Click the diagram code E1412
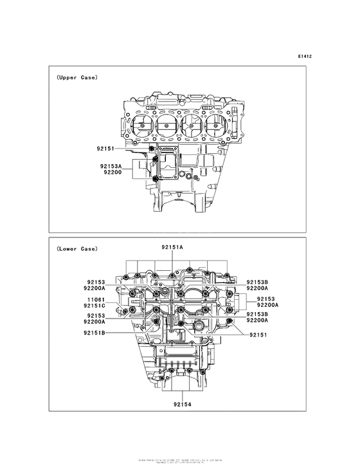tap(304, 56)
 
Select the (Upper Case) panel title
tap(76, 77)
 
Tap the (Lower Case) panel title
tap(76, 248)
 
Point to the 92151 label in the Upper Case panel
tap(103, 149)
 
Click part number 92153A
tap(111, 165)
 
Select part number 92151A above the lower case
tap(172, 247)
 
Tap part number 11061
tap(96, 299)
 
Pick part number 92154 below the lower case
tap(181, 405)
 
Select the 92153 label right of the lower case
tap(265, 299)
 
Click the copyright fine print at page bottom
tap(180, 461)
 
